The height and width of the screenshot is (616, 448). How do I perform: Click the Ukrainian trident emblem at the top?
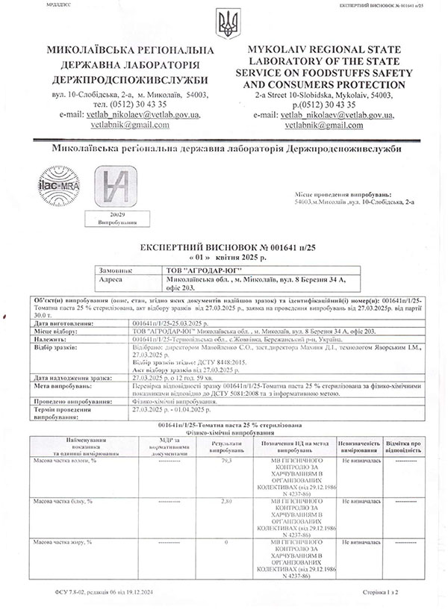coord(224,25)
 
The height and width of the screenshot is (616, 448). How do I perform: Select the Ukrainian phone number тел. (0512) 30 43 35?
coord(122,105)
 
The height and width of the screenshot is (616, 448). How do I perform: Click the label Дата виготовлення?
coord(64,324)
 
